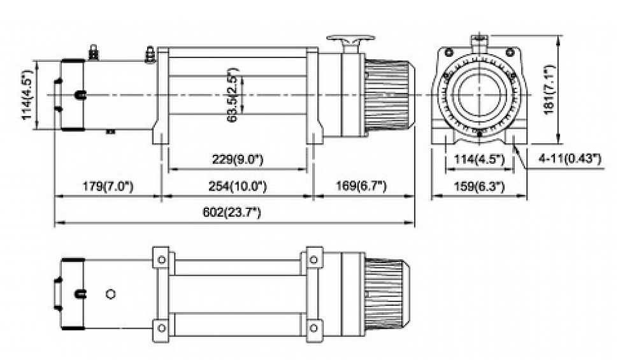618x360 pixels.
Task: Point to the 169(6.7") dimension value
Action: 362,186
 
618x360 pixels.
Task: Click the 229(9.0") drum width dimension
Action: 237,159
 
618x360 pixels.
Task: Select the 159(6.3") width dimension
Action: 478,186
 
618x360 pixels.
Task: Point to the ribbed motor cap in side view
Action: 387,96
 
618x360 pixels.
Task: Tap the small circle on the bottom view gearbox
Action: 111,294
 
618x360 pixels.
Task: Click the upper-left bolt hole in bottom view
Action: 162,260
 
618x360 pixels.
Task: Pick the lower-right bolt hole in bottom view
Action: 313,328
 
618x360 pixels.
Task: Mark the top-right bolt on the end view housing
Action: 509,52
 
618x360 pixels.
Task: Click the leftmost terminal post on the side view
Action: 94,52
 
